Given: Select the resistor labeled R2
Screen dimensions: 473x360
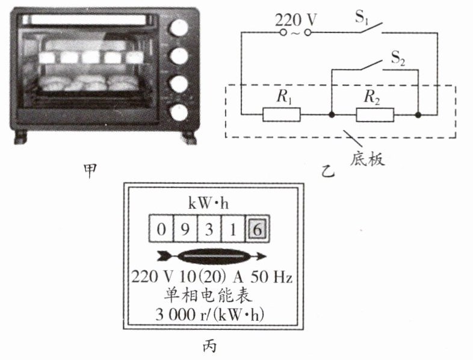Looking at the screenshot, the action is click(x=374, y=114).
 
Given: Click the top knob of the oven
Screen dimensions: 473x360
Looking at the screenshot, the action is click(x=179, y=28).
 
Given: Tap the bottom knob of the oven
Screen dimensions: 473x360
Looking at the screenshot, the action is click(x=179, y=112).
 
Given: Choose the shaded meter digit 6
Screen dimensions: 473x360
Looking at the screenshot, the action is click(x=257, y=229).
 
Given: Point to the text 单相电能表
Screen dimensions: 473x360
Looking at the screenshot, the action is click(x=208, y=296).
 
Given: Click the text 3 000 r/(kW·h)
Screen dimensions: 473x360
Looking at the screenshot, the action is click(x=207, y=314).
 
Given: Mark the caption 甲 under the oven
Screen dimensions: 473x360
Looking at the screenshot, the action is click(x=88, y=170).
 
